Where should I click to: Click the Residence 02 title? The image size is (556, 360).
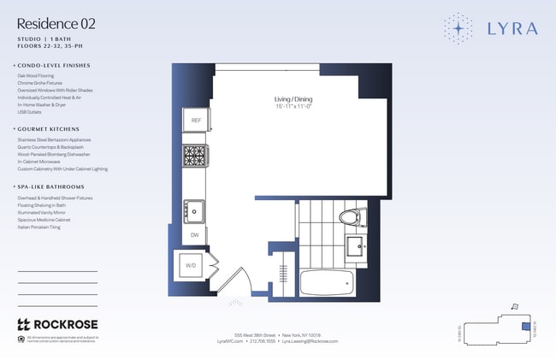[56, 24]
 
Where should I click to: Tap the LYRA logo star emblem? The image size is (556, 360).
[458, 28]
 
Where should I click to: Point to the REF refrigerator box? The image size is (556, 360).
[195, 121]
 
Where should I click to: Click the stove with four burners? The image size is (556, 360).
[194, 156]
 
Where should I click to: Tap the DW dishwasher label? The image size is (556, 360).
[194, 234]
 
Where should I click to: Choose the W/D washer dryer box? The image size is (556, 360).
[191, 266]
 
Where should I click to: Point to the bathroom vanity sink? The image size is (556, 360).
[356, 249]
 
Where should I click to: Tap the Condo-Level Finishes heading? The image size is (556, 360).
[53, 66]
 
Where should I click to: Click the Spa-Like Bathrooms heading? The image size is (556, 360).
[51, 186]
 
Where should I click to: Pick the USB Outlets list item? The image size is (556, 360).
[30, 112]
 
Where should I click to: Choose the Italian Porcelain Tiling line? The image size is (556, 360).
[38, 227]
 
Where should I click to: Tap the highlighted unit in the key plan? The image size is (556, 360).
[523, 325]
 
